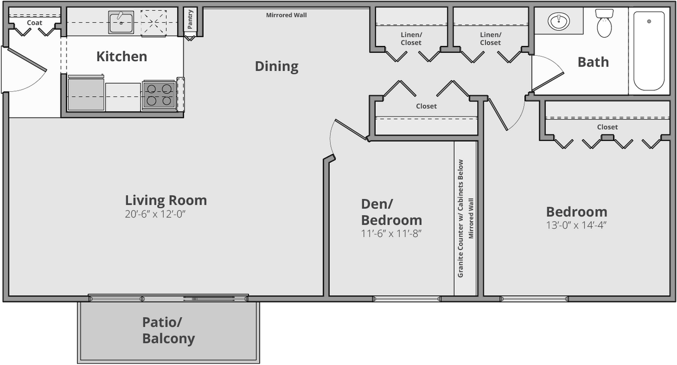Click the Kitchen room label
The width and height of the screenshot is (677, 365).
(121, 56)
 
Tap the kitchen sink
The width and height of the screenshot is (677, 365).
(121, 22)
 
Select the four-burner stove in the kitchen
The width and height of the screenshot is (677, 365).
(159, 95)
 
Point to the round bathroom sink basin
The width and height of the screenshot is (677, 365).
(559, 22)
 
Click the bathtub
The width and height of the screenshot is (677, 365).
(649, 51)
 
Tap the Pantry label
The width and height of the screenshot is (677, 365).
(190, 20)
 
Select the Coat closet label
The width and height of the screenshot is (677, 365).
(34, 23)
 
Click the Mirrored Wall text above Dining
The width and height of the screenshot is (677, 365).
(286, 15)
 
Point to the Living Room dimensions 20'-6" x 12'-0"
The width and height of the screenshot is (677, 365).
(159, 214)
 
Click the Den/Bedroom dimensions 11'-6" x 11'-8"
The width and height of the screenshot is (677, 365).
(391, 234)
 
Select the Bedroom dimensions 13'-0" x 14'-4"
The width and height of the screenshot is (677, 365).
(577, 225)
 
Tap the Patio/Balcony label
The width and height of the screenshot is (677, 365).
(168, 330)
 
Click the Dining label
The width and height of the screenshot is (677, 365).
(276, 67)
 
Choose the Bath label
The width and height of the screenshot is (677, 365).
(593, 62)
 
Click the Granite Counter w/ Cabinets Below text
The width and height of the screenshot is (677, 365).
(460, 218)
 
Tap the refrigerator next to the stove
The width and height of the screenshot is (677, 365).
(86, 93)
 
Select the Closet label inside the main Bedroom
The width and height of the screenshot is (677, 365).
(607, 127)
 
